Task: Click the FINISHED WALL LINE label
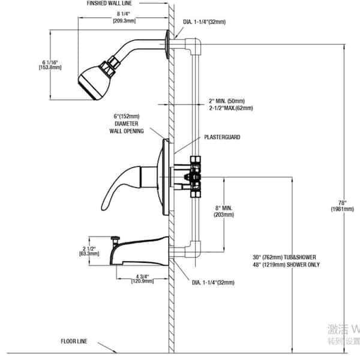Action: point(118,4)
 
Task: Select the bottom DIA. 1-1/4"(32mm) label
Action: point(213,281)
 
